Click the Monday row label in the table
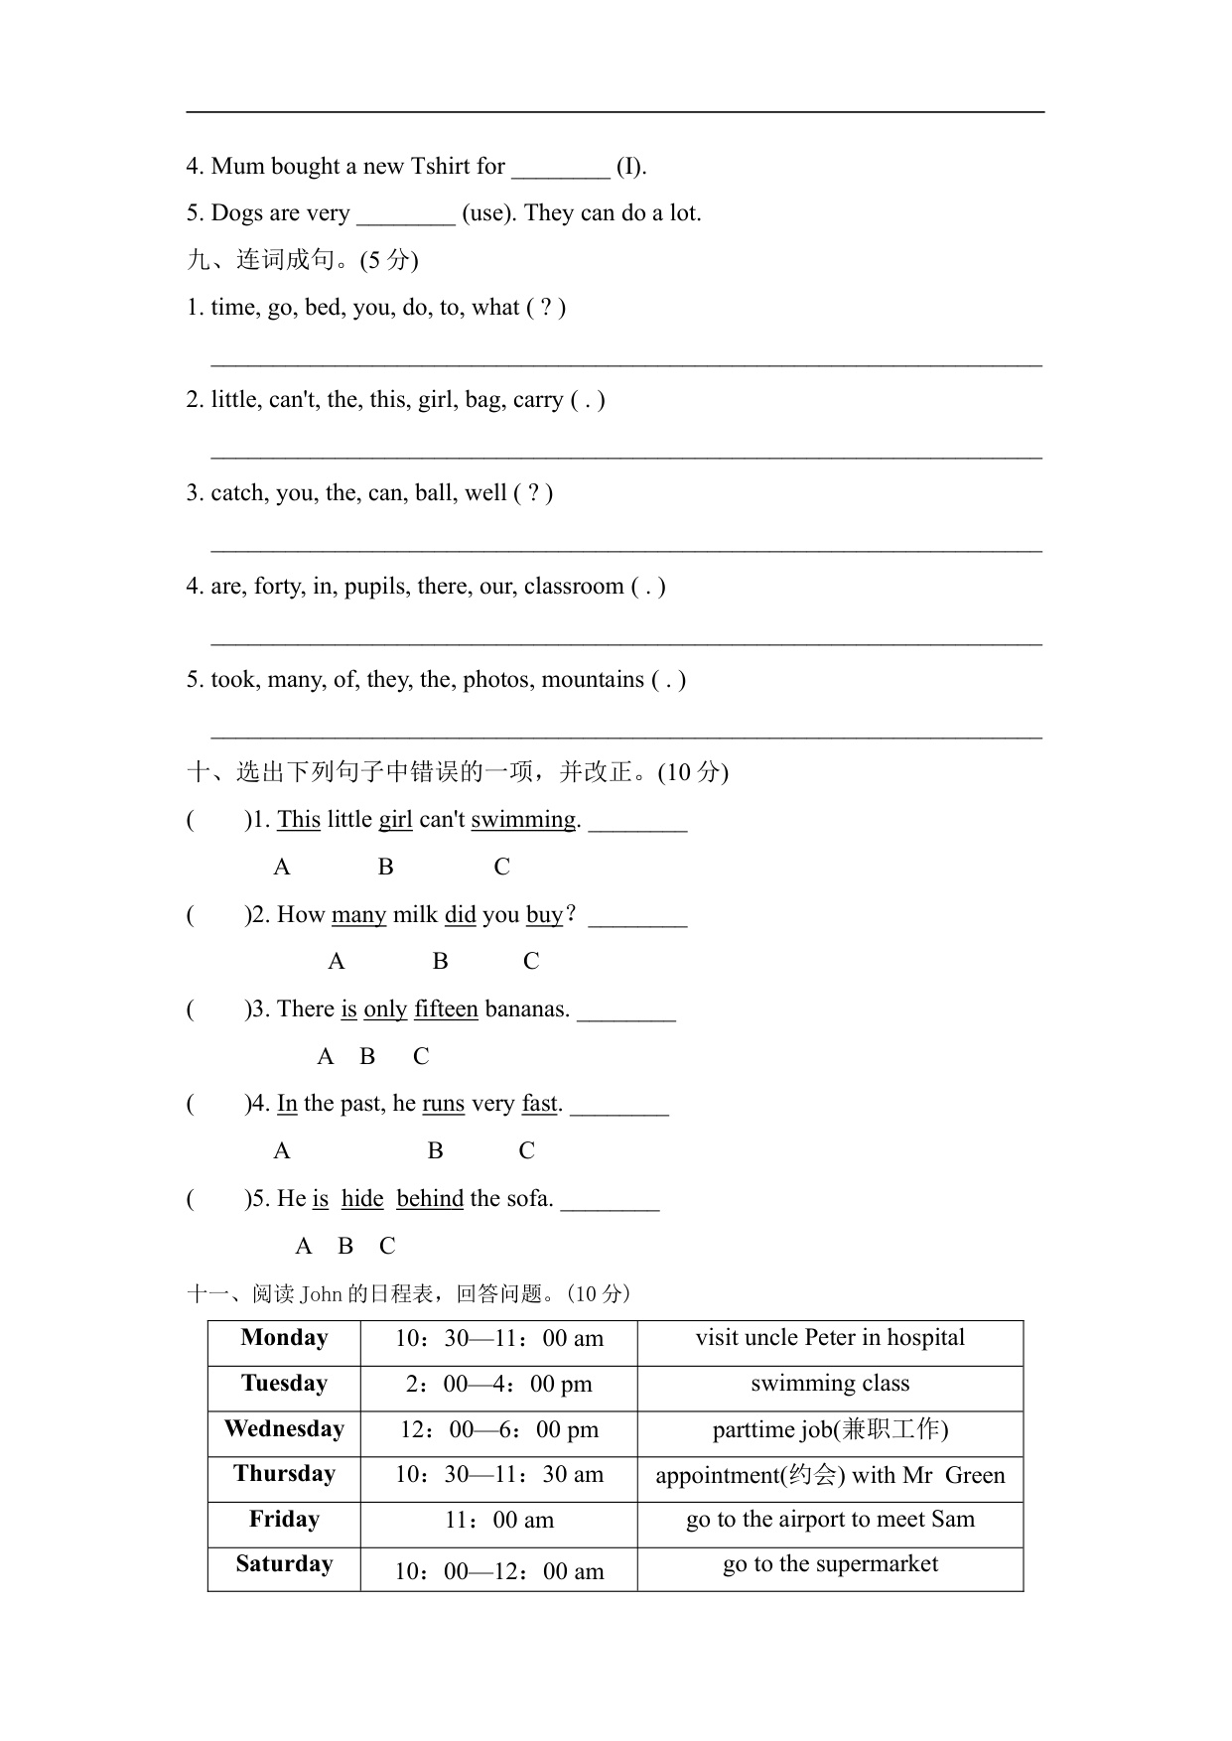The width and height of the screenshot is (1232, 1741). (284, 1338)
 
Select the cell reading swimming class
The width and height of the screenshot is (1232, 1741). (830, 1384)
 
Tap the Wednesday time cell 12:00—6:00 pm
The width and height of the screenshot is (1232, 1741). (499, 1429)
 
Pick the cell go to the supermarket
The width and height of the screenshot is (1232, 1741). (830, 1564)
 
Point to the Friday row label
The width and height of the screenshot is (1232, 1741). (284, 1520)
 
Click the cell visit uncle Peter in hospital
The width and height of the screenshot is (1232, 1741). (830, 1338)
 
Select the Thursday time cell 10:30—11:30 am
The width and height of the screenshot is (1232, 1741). (499, 1475)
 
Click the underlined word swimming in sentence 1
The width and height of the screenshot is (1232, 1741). (523, 820)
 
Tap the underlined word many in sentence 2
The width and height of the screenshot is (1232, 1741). (358, 915)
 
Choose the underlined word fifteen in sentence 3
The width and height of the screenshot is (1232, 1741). (446, 1009)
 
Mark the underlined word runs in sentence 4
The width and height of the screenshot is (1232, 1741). (443, 1104)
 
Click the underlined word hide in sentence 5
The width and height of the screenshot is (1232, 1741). (362, 1199)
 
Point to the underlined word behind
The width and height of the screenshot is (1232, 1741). (430, 1199)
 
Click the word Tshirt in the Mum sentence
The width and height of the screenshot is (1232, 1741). (440, 167)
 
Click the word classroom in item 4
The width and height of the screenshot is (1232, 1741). (574, 587)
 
